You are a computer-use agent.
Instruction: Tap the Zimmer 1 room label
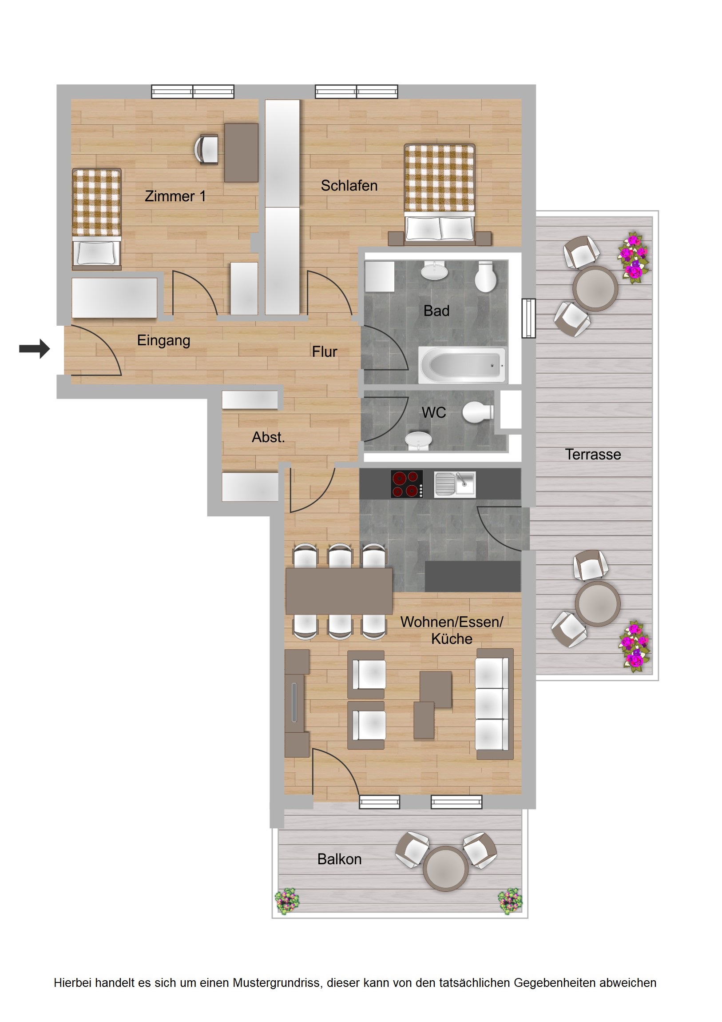(x=175, y=196)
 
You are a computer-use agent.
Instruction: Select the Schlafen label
(x=349, y=186)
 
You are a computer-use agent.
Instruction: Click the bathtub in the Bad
(x=462, y=365)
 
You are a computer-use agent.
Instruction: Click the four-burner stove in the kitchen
(x=407, y=484)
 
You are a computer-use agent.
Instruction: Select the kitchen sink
(x=455, y=484)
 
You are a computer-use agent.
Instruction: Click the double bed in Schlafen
(x=439, y=194)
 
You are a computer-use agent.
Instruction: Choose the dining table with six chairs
(x=339, y=591)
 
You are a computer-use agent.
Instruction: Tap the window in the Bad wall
(x=528, y=318)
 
